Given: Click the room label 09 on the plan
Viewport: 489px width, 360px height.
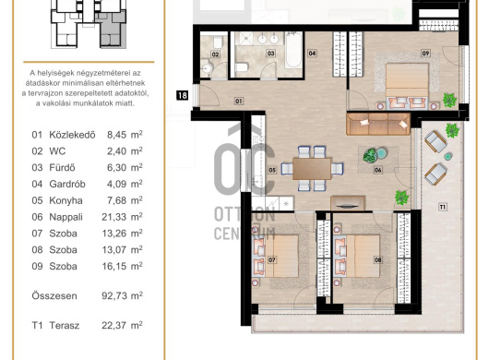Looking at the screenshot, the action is click(425, 54).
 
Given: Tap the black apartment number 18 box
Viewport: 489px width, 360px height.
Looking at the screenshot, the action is click(182, 95).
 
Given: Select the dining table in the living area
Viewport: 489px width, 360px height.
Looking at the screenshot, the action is click(312, 169).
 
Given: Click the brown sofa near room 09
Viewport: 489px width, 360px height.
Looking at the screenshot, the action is click(378, 124).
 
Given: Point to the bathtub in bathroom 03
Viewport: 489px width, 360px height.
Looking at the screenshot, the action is click(293, 50).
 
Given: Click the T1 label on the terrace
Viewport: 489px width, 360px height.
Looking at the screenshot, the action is click(443, 207).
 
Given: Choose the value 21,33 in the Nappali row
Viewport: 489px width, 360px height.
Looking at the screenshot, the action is click(112, 217).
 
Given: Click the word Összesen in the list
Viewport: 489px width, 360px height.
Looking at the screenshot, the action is click(54, 295).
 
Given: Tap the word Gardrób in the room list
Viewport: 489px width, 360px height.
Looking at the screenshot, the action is click(67, 184).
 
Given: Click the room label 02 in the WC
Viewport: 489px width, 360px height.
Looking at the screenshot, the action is click(215, 54).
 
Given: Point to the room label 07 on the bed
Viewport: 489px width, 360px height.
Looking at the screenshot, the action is click(272, 259).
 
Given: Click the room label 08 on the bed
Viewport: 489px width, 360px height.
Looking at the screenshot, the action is click(378, 259).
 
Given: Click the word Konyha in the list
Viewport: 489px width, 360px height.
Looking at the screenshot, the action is click(66, 200).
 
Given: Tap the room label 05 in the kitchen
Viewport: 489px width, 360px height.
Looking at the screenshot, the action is click(272, 170).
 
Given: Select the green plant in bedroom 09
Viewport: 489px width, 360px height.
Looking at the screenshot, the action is click(449, 100).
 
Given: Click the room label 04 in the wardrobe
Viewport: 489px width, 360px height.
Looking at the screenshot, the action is click(312, 54).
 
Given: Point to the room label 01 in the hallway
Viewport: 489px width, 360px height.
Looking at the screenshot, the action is click(239, 101).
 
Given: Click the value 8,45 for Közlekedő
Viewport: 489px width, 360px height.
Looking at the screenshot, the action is click(116, 135).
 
